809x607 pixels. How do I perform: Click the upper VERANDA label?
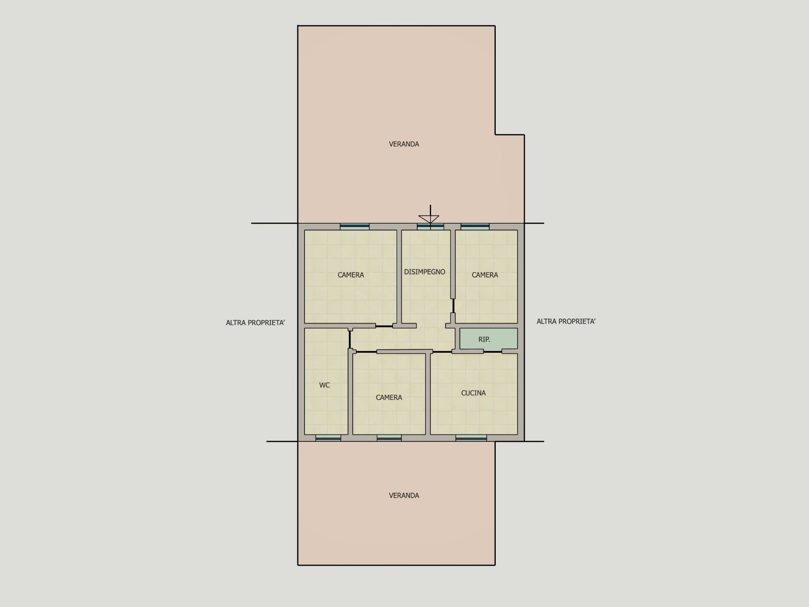click(404, 144)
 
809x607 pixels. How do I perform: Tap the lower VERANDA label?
click(404, 496)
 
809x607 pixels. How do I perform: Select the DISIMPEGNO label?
click(425, 272)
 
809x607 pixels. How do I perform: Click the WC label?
click(324, 385)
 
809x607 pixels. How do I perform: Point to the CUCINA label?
click(473, 393)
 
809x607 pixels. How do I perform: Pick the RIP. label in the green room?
click(484, 339)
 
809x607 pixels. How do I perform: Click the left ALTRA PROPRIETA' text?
click(255, 323)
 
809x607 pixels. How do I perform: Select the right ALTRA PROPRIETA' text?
click(566, 322)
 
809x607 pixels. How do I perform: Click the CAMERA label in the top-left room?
click(351, 275)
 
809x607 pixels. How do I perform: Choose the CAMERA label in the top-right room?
click(485, 275)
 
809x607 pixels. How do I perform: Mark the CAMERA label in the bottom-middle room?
click(389, 398)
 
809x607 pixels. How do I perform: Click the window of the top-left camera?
click(355, 226)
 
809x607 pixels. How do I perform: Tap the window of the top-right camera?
click(475, 226)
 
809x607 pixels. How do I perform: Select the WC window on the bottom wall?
click(328, 438)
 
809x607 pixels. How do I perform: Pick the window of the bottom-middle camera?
click(389, 438)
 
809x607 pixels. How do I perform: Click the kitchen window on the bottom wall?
click(471, 438)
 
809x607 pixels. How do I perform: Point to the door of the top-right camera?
click(453, 306)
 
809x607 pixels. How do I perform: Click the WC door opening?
click(350, 339)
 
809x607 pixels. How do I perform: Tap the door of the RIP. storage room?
click(493, 351)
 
